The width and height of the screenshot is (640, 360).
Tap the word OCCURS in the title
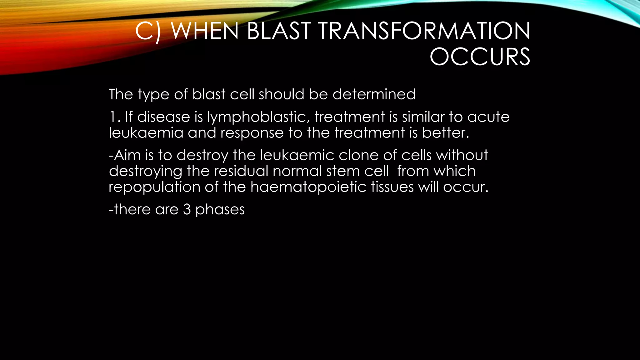(x=480, y=57)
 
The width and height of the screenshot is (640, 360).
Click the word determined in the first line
(x=374, y=94)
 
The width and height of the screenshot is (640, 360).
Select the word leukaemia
(x=146, y=132)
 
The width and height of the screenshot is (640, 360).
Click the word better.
(x=446, y=132)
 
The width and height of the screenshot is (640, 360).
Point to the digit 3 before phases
(x=187, y=209)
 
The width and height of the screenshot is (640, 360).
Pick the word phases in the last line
(x=220, y=210)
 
